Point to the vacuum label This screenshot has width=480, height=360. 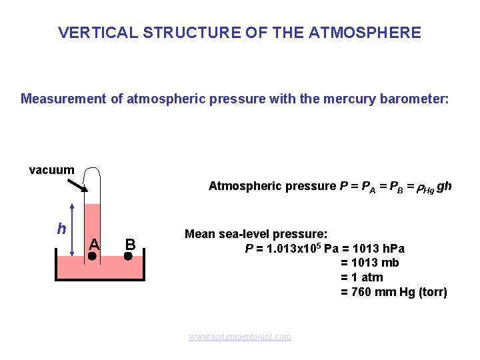pyautogui.click(x=51, y=170)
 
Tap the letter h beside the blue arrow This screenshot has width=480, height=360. pyautogui.click(x=61, y=229)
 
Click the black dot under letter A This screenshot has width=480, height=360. pyautogui.click(x=93, y=255)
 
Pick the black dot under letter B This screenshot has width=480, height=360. pyautogui.click(x=129, y=255)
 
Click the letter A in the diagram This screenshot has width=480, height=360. pyautogui.click(x=94, y=243)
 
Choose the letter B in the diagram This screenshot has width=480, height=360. pyautogui.click(x=130, y=243)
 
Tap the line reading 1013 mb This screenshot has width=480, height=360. pyautogui.click(x=370, y=263)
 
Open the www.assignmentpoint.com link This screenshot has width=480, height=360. pyautogui.click(x=240, y=337)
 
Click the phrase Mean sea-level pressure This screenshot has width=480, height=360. pyautogui.click(x=255, y=234)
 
